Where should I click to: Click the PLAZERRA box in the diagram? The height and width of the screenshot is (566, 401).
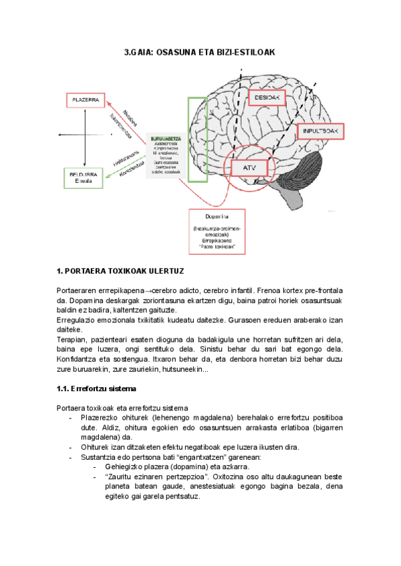[x=84, y=100]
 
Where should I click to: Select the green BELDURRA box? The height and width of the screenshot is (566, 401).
[x=84, y=178]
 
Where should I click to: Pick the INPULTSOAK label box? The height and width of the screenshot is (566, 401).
[x=322, y=131]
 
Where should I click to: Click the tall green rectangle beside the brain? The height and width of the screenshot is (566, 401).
[x=196, y=139]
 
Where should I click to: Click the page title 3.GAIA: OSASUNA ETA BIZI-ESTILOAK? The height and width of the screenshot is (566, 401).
[x=200, y=51]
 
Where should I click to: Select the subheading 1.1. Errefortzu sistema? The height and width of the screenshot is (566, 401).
[x=97, y=388]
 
